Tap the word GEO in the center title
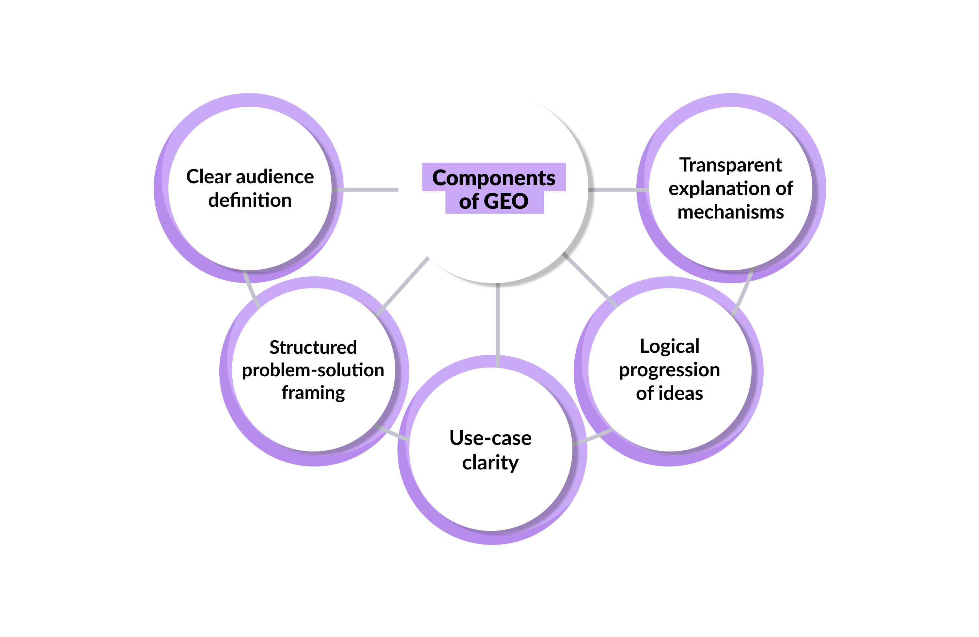506,201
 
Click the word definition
250,201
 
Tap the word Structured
313,347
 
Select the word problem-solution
313,370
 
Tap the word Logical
669,346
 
